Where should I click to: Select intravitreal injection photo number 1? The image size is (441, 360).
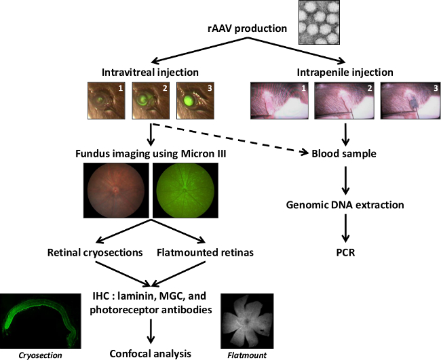point(106,100)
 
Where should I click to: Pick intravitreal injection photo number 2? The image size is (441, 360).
point(150,100)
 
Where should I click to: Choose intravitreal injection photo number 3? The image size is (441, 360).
point(194,100)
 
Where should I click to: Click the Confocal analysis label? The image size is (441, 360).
point(151,353)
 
